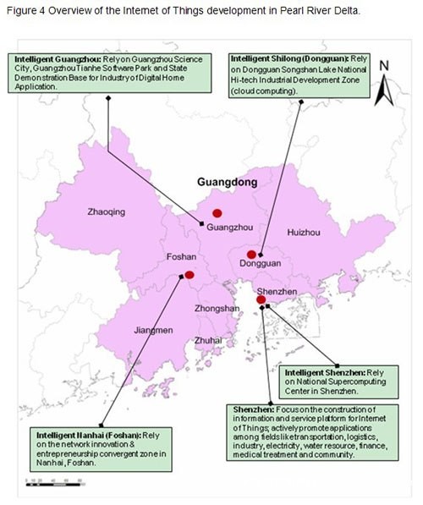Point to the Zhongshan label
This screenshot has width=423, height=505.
(217, 309)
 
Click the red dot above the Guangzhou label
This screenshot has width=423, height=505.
(217, 212)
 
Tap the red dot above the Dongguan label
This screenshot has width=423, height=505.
(250, 254)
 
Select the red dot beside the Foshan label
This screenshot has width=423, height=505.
(189, 274)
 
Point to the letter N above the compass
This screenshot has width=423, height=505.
(383, 65)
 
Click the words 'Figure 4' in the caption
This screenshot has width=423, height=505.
(25, 11)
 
